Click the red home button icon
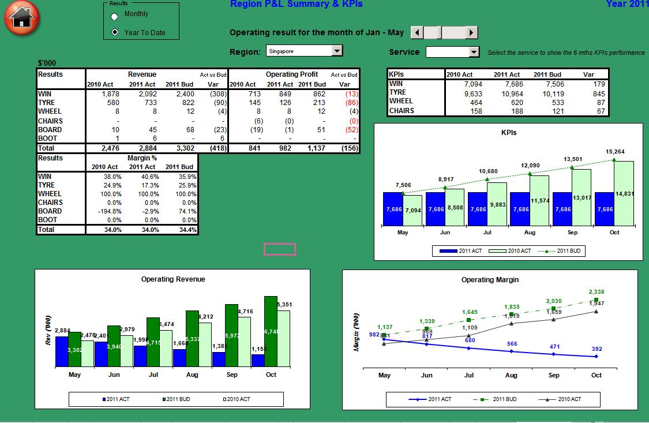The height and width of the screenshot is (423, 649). pyautogui.click(x=21, y=18)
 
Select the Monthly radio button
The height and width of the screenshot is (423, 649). pyautogui.click(x=115, y=16)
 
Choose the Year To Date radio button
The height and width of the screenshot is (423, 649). pyautogui.click(x=115, y=32)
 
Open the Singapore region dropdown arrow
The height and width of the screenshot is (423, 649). pyautogui.click(x=337, y=51)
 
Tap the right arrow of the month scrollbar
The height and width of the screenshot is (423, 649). pyautogui.click(x=472, y=32)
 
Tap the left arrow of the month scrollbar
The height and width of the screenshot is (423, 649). pyautogui.click(x=416, y=32)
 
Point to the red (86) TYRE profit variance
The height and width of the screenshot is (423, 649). pyautogui.click(x=350, y=103)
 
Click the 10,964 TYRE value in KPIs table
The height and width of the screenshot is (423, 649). pyautogui.click(x=508, y=93)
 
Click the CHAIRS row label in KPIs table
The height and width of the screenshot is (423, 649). pyautogui.click(x=402, y=111)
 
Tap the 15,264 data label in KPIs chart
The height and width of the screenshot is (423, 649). pyautogui.click(x=614, y=152)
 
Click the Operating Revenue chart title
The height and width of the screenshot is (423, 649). pyautogui.click(x=173, y=279)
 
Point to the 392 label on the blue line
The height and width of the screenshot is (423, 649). pyautogui.click(x=597, y=349)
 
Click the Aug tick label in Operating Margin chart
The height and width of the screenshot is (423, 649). pyautogui.click(x=511, y=375)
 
